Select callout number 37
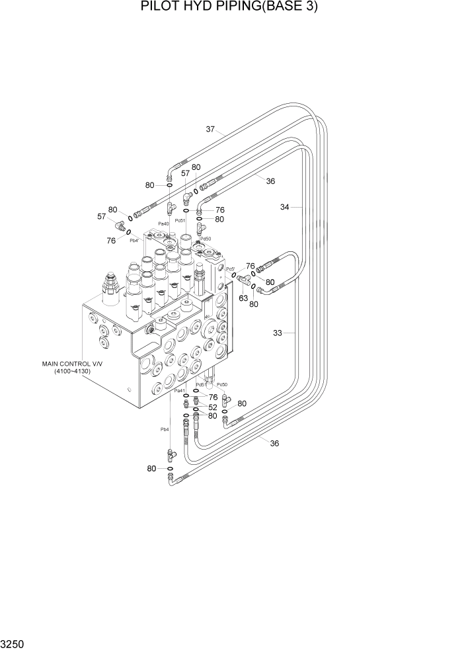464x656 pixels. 210,129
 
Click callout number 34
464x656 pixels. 285,207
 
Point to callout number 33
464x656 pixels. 278,333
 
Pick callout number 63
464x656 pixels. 243,298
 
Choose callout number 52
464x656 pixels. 213,407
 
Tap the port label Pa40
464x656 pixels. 163,224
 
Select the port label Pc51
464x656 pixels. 180,220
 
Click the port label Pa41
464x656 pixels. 180,391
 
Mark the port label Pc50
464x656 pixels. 221,385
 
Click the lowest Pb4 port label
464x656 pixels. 165,429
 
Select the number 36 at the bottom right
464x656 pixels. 274,443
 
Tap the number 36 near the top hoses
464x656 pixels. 270,181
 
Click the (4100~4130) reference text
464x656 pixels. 72,371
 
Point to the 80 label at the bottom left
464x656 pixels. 152,468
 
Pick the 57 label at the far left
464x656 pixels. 102,216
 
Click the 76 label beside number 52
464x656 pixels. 213,397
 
